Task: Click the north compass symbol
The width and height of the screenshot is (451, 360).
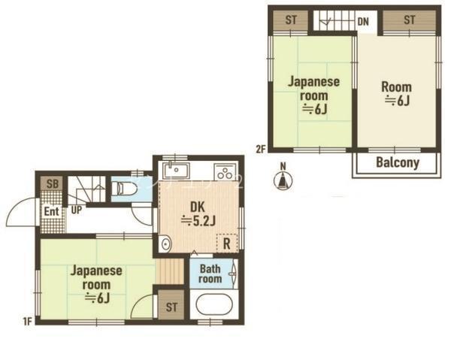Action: (x=283, y=181)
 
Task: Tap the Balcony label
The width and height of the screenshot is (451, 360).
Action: (x=398, y=163)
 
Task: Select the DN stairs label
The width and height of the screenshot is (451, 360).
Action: (x=363, y=21)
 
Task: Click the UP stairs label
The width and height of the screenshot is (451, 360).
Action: (x=76, y=210)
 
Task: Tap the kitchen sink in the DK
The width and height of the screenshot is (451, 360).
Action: (x=176, y=171)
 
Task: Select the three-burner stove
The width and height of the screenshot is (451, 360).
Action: (x=225, y=172)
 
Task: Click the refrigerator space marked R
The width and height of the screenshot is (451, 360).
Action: (x=227, y=244)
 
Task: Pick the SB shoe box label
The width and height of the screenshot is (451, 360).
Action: (x=52, y=183)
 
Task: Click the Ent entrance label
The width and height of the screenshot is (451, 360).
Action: (x=51, y=212)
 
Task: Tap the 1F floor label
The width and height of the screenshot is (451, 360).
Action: (x=27, y=321)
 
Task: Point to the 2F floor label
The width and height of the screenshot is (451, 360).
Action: (x=260, y=150)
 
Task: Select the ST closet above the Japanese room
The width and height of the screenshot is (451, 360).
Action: (x=290, y=20)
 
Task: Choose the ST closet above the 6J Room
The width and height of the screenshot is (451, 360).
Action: (x=409, y=20)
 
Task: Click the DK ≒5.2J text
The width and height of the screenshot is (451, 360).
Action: (x=198, y=214)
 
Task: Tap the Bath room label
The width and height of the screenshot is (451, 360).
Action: (x=210, y=274)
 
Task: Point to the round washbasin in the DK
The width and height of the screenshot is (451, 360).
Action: (x=165, y=244)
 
